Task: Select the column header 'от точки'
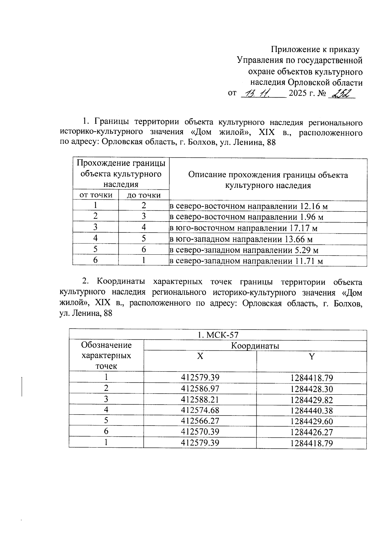click(x=96, y=195)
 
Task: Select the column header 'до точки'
click(x=143, y=195)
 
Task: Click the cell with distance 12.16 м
click(x=248, y=206)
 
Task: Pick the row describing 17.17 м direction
click(x=244, y=228)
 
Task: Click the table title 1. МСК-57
click(x=218, y=335)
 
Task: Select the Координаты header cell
click(x=255, y=346)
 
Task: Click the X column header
click(x=200, y=356)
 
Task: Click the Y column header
click(x=312, y=356)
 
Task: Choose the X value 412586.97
click(x=200, y=389)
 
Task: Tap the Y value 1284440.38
click(x=312, y=410)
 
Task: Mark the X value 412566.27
click(x=200, y=421)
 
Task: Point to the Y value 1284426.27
click(x=312, y=432)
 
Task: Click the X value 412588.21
click(x=200, y=400)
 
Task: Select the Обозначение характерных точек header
click(x=106, y=356)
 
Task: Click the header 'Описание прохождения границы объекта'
click(x=268, y=175)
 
